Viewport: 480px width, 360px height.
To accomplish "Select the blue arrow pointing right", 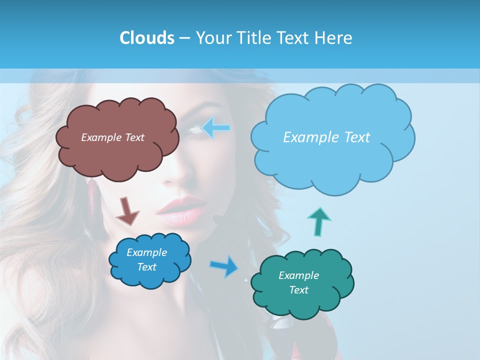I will click(x=224, y=266).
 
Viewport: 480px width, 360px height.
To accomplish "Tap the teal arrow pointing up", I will click(x=319, y=221).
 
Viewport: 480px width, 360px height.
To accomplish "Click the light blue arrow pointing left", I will click(x=216, y=128).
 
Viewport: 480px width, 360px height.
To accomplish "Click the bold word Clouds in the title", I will click(x=146, y=38).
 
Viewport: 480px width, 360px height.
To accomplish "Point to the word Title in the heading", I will click(x=254, y=38).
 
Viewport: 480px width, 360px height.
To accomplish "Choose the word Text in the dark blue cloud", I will click(x=147, y=267).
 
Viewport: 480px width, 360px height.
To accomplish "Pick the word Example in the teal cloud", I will click(x=298, y=275).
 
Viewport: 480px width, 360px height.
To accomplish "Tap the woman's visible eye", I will click(x=194, y=130).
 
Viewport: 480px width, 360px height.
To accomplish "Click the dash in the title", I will click(x=184, y=38).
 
